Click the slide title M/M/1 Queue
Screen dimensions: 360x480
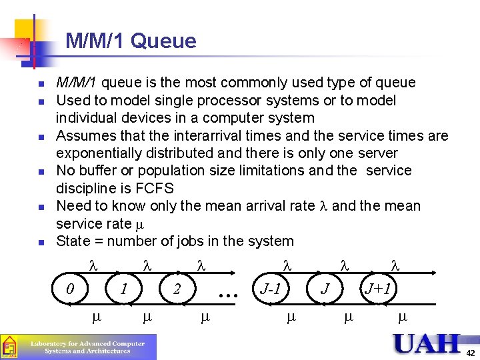pyautogui.click(x=131, y=41)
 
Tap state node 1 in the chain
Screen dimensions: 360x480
pyautogui.click(x=123, y=290)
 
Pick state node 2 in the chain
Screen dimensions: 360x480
pyautogui.click(x=177, y=290)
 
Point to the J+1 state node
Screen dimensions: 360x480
pyautogui.click(x=378, y=289)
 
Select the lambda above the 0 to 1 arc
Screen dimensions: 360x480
pyautogui.click(x=93, y=265)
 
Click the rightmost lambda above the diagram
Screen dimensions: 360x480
pyautogui.click(x=394, y=265)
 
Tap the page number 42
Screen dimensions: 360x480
pyautogui.click(x=471, y=353)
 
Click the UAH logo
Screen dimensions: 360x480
pyautogui.click(x=427, y=343)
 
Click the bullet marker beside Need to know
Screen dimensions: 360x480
pyautogui.click(x=41, y=207)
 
